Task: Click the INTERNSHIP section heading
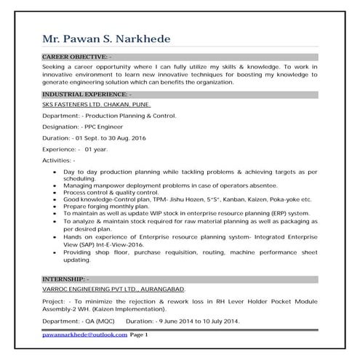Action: pos(66,279)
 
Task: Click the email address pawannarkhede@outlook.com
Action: pos(84,335)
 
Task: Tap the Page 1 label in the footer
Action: pos(139,335)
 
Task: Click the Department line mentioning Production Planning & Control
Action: pos(109,116)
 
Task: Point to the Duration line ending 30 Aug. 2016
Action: pos(94,137)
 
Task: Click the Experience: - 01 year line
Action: pos(75,148)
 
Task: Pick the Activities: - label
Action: pos(59,159)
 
